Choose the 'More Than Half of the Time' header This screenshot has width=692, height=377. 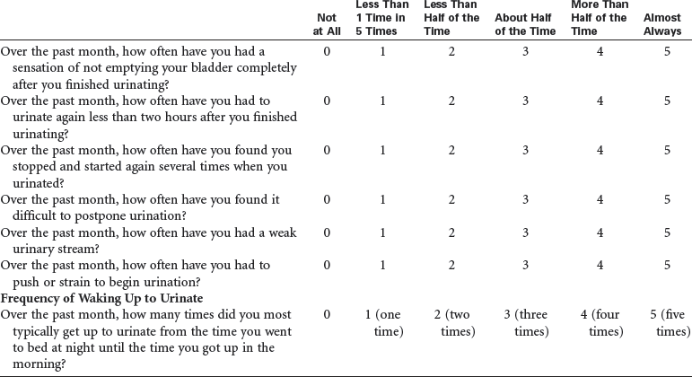(596, 18)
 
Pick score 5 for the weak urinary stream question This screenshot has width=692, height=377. (667, 232)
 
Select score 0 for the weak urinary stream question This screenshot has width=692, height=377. (327, 232)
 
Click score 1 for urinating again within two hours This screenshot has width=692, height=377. (383, 101)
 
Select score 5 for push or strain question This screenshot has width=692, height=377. (667, 266)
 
